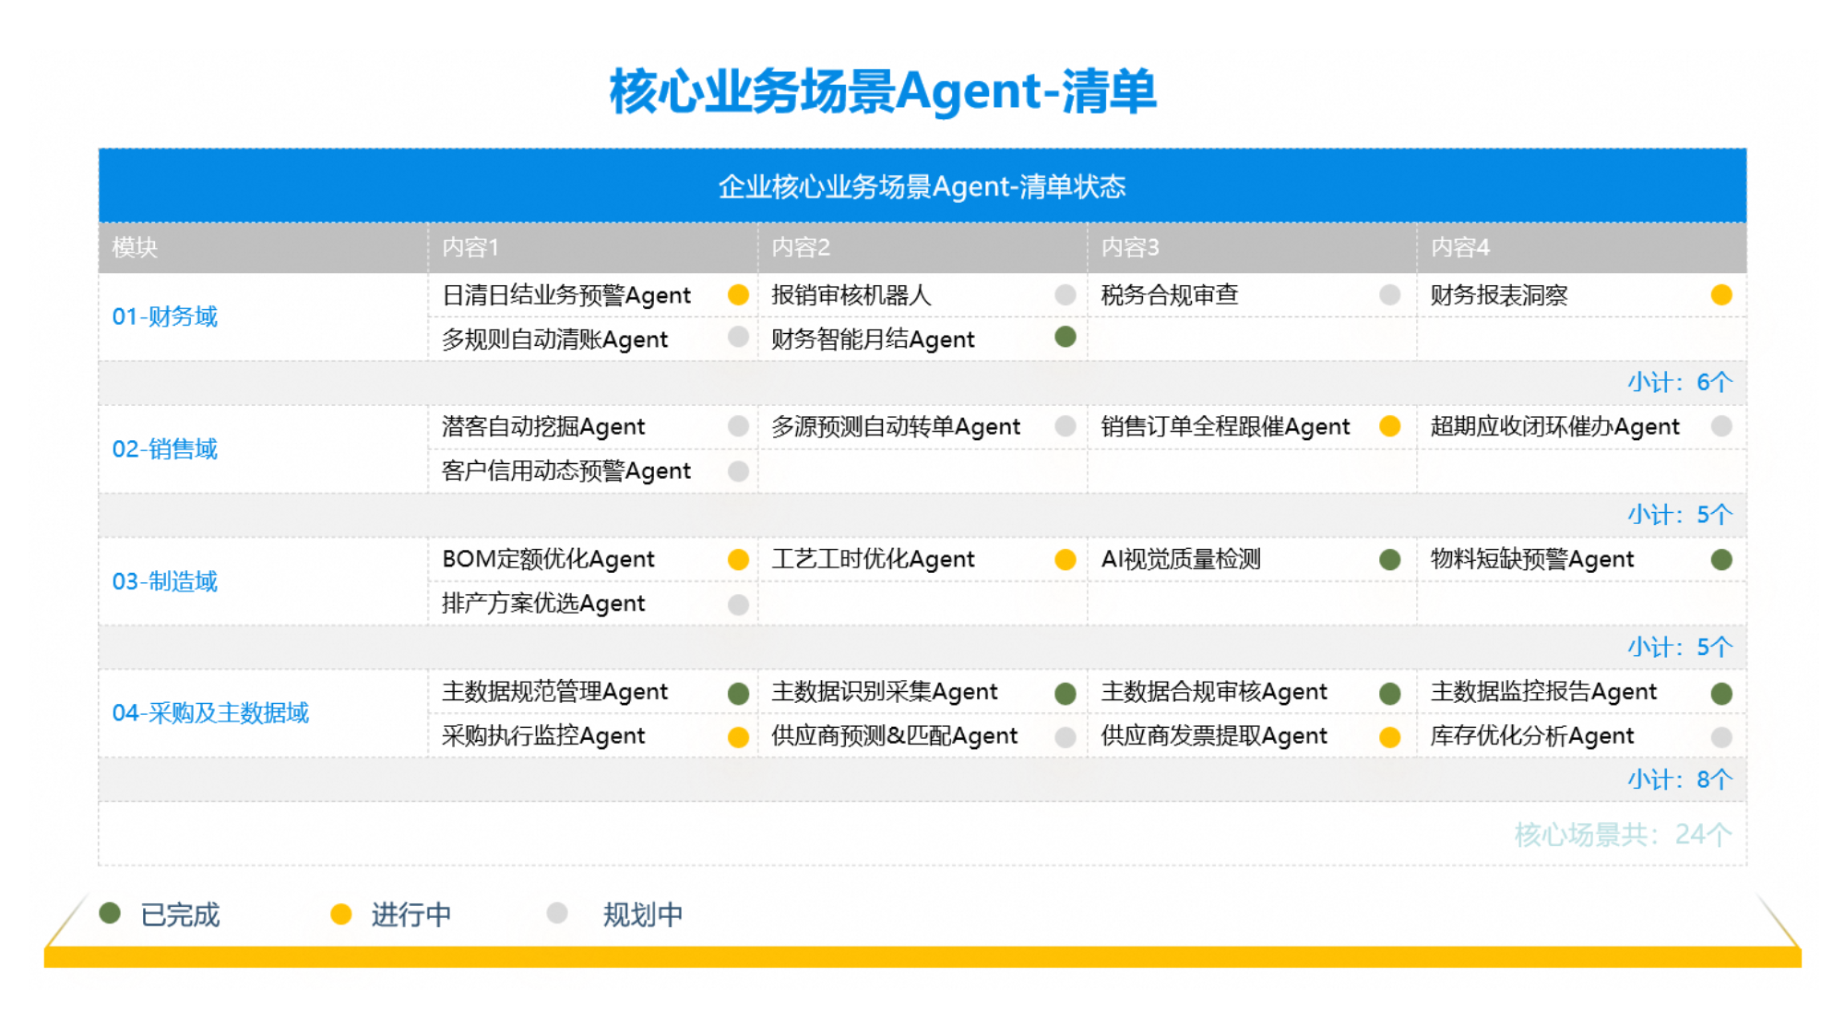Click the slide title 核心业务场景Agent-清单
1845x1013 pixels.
(x=883, y=91)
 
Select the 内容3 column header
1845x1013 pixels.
(x=1130, y=247)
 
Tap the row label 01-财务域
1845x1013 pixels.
(x=165, y=316)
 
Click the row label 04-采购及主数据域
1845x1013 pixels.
(x=210, y=713)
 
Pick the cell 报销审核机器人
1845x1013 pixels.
(x=851, y=295)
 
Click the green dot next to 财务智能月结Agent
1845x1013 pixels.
(x=1065, y=337)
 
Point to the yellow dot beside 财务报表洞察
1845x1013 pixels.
(x=1721, y=294)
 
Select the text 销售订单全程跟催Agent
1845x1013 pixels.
(x=1225, y=427)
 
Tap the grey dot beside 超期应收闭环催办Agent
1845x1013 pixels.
(x=1721, y=425)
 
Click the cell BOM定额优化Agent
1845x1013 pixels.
(x=548, y=559)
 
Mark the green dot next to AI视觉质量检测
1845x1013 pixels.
(x=1390, y=559)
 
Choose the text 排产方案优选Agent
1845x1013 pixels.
(x=543, y=603)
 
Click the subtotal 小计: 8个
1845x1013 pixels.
(x=1680, y=780)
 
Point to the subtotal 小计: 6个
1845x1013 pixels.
(x=1680, y=382)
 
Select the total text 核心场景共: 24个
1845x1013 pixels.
(x=1624, y=835)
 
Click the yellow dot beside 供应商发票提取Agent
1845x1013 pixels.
(x=1390, y=736)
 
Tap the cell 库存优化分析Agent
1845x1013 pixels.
(x=1532, y=736)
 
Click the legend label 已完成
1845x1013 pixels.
(x=180, y=914)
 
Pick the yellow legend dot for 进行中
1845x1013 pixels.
(x=341, y=913)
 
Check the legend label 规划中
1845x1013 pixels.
(x=643, y=914)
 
